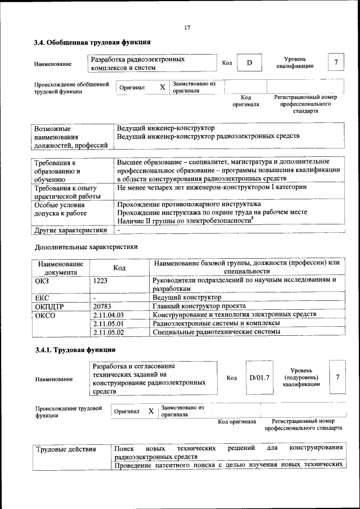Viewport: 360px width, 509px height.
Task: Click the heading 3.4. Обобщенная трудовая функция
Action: point(92,42)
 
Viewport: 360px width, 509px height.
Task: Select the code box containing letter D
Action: point(249,62)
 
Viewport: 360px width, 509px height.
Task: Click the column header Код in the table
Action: point(119,268)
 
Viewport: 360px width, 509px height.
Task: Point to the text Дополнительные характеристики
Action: point(85,246)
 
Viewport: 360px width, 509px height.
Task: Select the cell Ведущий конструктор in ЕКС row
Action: point(187,297)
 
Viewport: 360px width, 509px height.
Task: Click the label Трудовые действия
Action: point(65,449)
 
